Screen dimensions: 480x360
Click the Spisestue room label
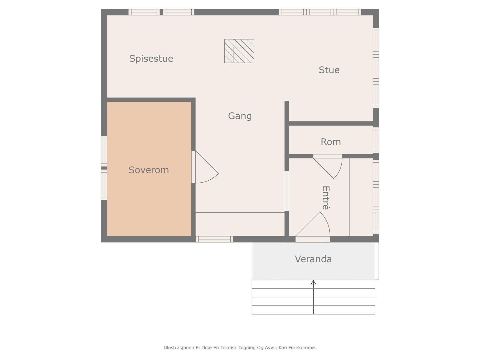coord(151,58)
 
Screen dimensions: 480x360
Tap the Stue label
coord(329,70)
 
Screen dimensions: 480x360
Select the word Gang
coord(240,116)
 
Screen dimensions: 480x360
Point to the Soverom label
coord(149,170)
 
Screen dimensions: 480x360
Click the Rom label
coord(331,142)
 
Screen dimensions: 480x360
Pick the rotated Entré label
coord(326,198)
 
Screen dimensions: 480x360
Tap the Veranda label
coord(313,259)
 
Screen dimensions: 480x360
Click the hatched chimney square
coord(239,51)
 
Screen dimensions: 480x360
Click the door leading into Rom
coord(328,166)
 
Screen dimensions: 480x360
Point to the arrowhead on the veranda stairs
coord(313,282)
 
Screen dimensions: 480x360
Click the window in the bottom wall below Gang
coord(214,239)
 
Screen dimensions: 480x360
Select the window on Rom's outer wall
coord(376,140)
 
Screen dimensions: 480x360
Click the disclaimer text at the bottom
coord(240,347)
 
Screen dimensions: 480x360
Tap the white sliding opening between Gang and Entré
coord(287,191)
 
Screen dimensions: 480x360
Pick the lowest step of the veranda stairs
coord(313,310)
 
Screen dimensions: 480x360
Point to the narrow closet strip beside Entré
coord(361,197)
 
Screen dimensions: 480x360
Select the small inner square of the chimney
coord(240,55)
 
